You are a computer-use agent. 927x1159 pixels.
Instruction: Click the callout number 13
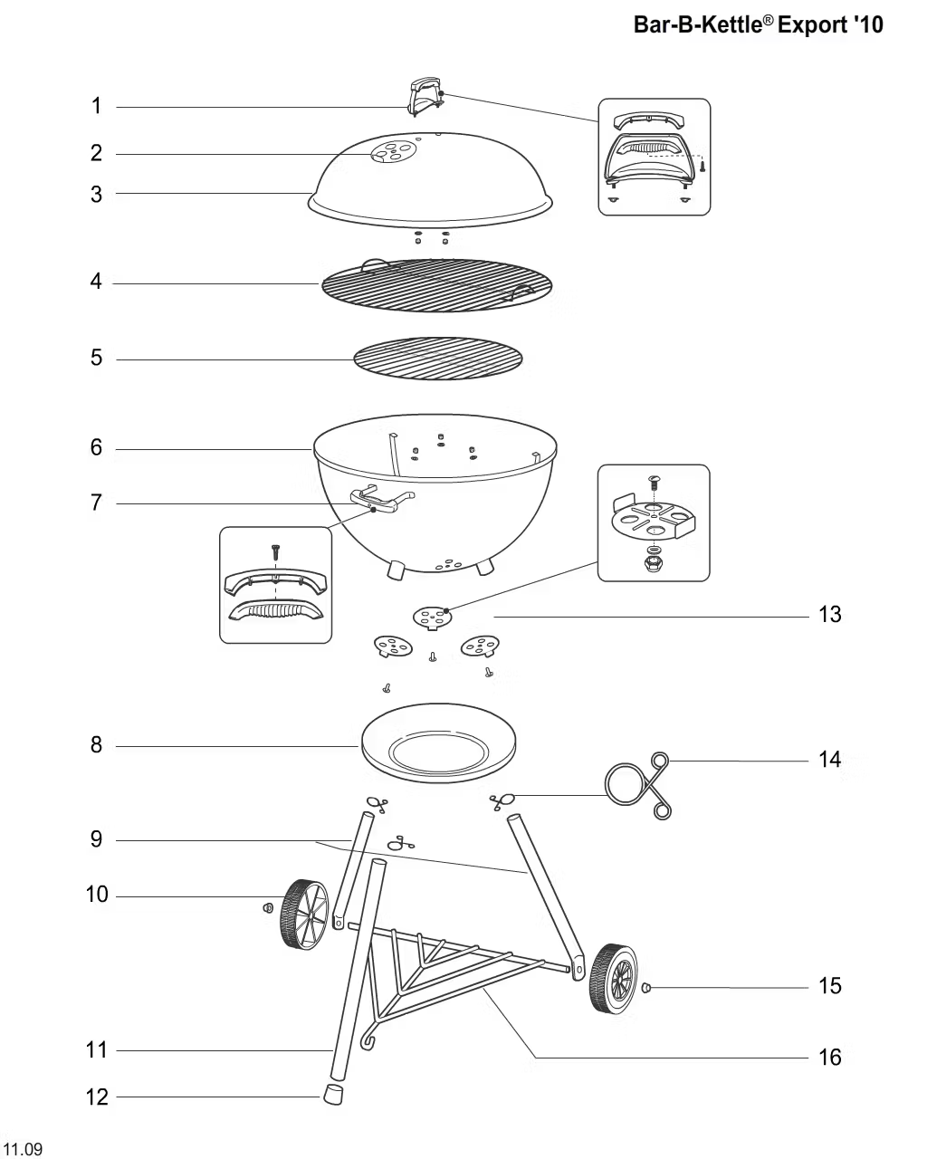829,615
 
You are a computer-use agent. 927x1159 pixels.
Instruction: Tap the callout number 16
829,1057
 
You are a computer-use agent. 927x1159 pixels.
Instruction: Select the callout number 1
97,107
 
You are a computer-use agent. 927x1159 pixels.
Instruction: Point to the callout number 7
97,503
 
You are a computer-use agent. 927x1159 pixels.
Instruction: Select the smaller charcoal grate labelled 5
439,359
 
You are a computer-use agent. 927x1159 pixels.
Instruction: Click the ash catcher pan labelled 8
438,748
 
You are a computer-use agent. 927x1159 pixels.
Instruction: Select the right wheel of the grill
614,979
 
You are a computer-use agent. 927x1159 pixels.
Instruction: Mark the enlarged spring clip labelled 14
639,783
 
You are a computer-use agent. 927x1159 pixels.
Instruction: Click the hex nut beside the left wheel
267,907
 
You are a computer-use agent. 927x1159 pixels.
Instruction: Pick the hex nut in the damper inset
654,565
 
